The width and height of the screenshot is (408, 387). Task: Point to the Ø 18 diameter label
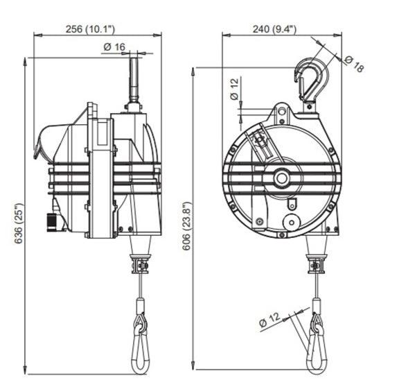pyautogui.click(x=353, y=63)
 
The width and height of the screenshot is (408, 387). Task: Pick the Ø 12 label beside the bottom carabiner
pyautogui.click(x=272, y=320)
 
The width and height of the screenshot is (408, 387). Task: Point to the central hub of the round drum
pyautogui.click(x=281, y=178)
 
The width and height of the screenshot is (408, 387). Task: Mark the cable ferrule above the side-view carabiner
pyautogui.click(x=140, y=305)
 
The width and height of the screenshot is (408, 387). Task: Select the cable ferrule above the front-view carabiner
pyautogui.click(x=317, y=305)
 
